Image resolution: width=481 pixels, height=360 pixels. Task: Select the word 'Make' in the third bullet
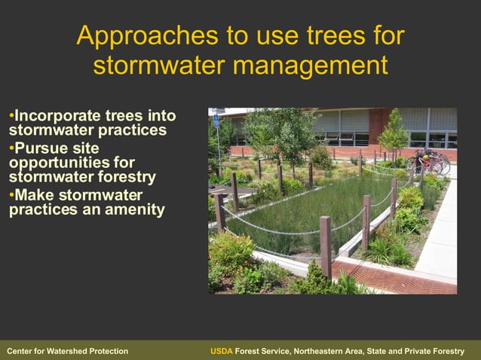(x=35, y=194)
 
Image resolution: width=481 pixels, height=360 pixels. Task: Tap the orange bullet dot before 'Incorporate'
(x=11, y=116)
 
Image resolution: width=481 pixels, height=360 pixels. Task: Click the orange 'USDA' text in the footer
(x=222, y=351)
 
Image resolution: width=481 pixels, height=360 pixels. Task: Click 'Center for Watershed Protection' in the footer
(x=67, y=351)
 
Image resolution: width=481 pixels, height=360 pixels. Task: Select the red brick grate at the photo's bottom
(x=392, y=279)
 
